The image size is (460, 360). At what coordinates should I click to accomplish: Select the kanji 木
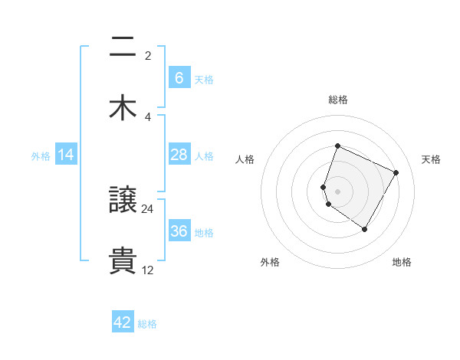click(123, 108)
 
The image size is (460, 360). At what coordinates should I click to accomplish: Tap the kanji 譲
click(123, 201)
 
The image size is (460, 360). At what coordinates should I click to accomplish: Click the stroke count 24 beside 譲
click(148, 208)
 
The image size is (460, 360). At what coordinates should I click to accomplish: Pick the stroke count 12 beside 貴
click(148, 270)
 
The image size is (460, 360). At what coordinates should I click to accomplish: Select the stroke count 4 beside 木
click(148, 116)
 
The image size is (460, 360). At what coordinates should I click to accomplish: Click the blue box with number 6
click(179, 78)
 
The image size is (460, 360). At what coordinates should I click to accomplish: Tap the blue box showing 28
click(179, 155)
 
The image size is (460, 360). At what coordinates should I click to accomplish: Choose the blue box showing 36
click(179, 231)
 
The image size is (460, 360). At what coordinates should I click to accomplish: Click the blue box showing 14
click(66, 155)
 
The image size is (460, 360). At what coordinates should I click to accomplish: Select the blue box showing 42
click(123, 322)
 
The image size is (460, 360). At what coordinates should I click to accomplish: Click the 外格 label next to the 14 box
click(41, 156)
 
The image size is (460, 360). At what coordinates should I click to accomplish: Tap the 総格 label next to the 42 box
click(147, 324)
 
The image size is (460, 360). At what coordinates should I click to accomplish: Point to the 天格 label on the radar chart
click(431, 159)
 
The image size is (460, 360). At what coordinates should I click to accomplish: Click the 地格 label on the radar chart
click(402, 262)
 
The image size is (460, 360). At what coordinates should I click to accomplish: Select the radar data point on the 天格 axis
click(396, 173)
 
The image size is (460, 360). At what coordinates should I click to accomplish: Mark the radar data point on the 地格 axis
click(365, 229)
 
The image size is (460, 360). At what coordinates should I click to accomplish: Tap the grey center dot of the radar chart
click(337, 191)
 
